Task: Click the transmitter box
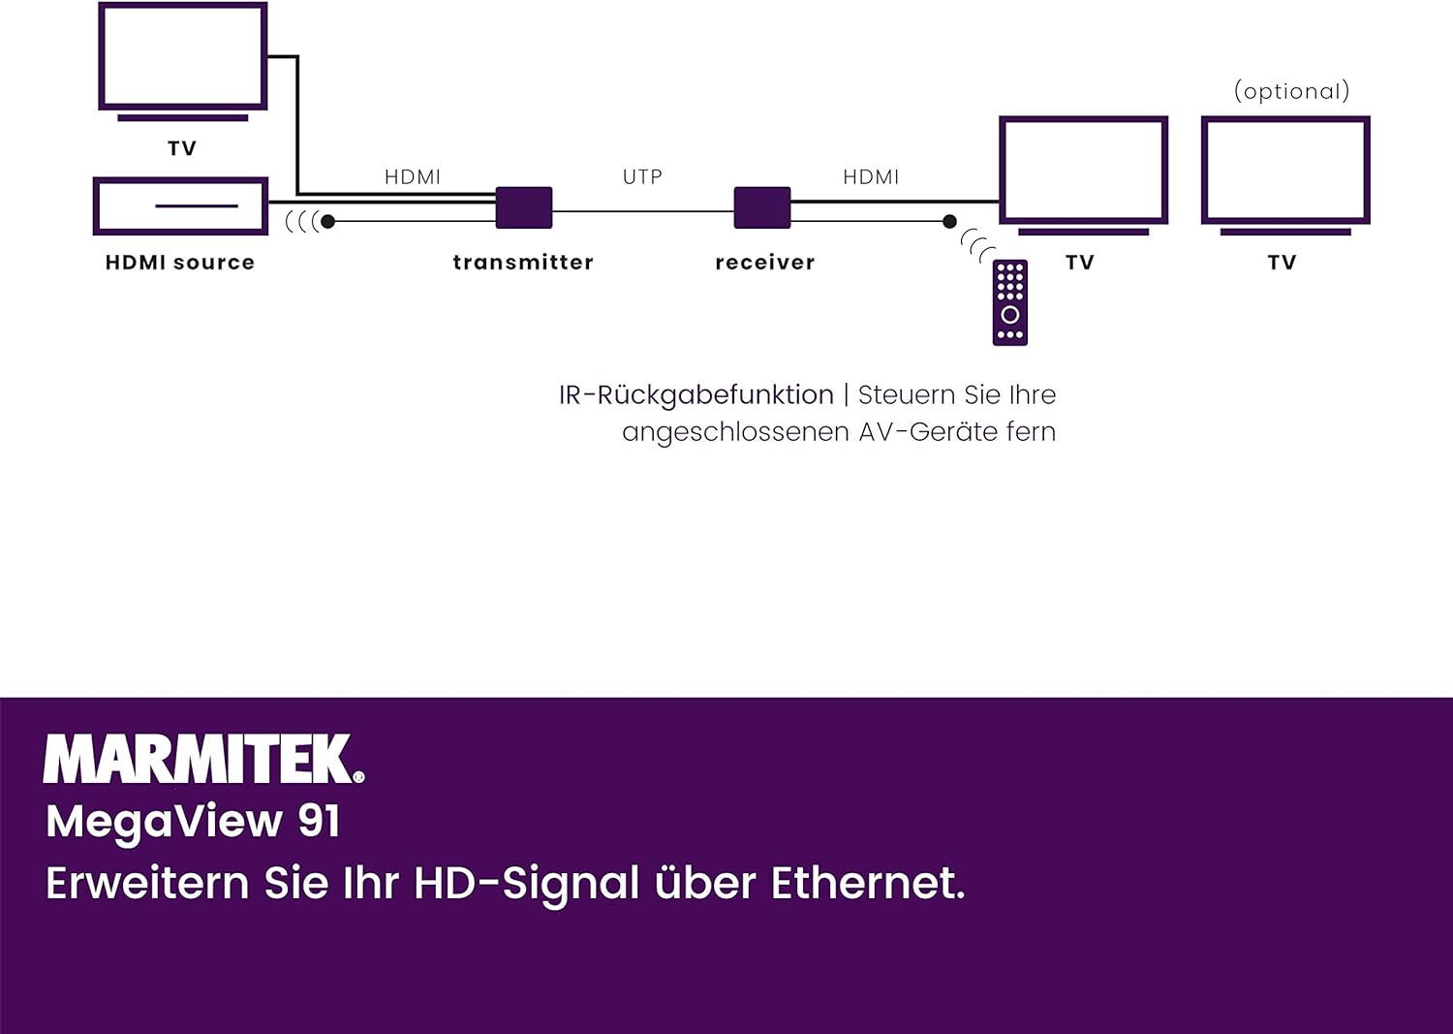click(524, 207)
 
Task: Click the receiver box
click(762, 207)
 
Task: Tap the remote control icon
click(1010, 302)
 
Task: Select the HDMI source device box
click(181, 205)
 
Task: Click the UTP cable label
click(642, 177)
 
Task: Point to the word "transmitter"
click(523, 263)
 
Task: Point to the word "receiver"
click(765, 263)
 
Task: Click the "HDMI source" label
click(180, 263)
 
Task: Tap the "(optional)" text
click(1291, 91)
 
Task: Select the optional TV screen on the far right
click(1285, 171)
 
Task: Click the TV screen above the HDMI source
click(183, 56)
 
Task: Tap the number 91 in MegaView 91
click(319, 821)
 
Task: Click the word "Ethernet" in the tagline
click(867, 883)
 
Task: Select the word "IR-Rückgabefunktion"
click(696, 395)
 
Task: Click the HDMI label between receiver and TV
click(871, 177)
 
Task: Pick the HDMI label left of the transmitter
click(413, 177)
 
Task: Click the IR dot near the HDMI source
click(328, 222)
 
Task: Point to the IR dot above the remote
click(949, 222)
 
